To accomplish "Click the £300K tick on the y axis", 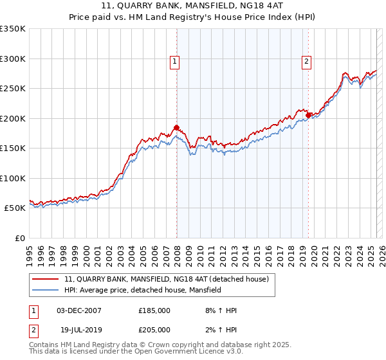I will point(12,59).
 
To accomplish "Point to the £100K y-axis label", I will point(12,178).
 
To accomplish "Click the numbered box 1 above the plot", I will point(174,62).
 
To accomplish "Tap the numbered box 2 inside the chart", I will point(306,62).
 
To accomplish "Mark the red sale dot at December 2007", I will point(176,127).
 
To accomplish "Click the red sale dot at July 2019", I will point(309,115).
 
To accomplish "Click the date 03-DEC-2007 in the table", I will point(78,310).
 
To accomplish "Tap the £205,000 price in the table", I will point(154,329).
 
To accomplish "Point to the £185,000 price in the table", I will point(154,310).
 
